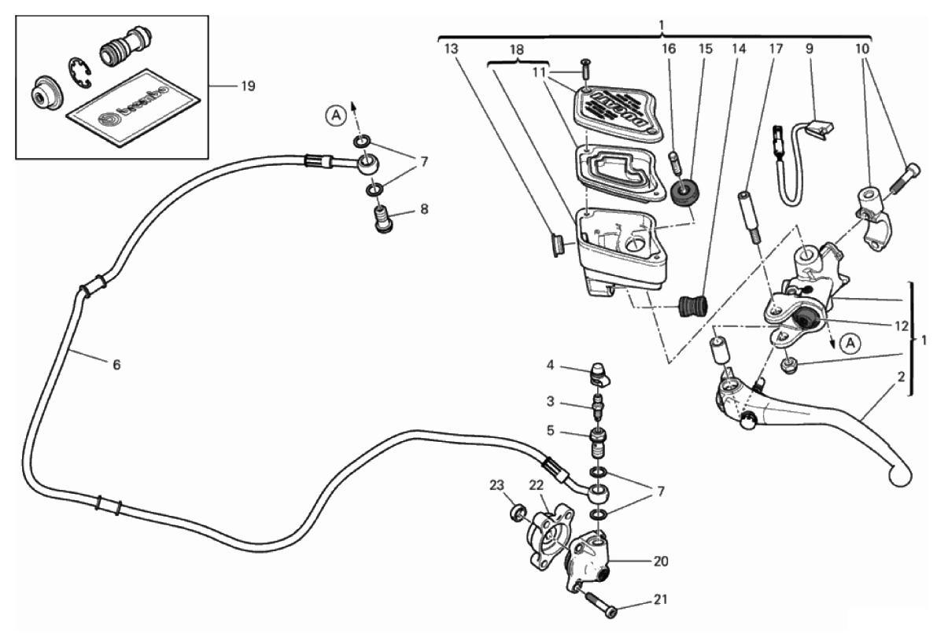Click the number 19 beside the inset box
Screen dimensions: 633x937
point(248,86)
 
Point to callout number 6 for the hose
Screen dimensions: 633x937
point(116,365)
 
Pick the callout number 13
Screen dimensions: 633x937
point(450,49)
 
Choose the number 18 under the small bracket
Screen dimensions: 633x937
point(518,49)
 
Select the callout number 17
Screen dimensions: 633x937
point(776,49)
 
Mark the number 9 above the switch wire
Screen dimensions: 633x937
point(810,49)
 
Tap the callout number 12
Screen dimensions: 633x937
point(902,322)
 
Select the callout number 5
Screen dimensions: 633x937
point(551,431)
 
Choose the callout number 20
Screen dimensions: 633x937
point(658,561)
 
